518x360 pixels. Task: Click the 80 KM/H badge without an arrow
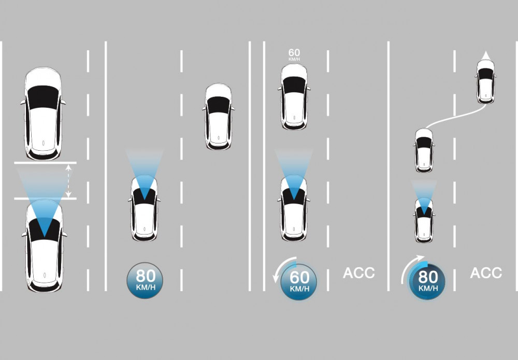pos(145,280)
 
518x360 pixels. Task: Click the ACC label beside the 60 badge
pos(358,273)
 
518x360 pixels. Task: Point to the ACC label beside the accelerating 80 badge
pos(486,273)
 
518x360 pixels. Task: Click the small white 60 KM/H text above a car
pos(294,54)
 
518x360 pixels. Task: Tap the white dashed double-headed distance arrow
pos(69,181)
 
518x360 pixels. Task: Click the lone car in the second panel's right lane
pos(218,117)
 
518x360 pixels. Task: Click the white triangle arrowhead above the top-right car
pos(485,56)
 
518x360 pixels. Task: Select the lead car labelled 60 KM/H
pos(294,96)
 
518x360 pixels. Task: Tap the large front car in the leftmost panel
pos(43,113)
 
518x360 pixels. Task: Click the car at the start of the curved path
pos(424,150)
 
